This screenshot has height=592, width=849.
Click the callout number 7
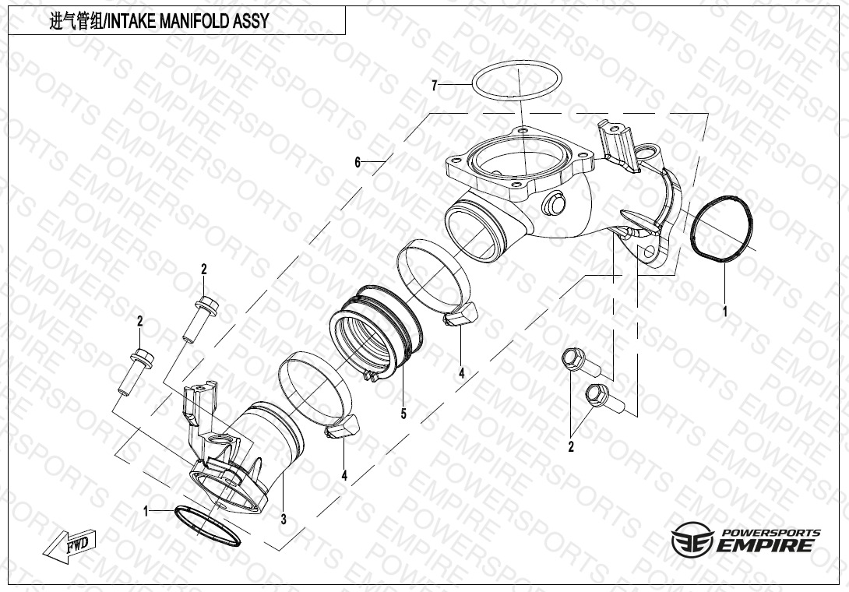[435, 86]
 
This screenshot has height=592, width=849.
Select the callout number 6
[358, 163]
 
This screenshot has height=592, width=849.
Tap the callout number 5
[403, 414]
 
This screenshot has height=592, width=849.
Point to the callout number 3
[284, 519]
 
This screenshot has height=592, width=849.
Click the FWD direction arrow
[68, 545]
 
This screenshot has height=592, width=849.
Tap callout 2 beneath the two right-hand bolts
[570, 447]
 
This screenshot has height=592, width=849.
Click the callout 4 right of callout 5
[461, 374]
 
